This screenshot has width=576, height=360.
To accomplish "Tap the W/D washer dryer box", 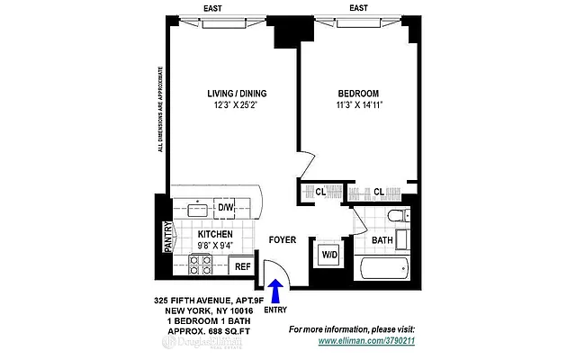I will point(328,255).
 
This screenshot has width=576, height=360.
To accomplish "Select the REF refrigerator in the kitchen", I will point(241,266).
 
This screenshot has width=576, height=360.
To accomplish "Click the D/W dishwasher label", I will point(225,208).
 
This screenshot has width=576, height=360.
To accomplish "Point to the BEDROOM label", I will point(357,94).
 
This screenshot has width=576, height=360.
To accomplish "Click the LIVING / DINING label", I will point(230,94).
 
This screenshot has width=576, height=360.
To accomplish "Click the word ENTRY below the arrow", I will point(276,310).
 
